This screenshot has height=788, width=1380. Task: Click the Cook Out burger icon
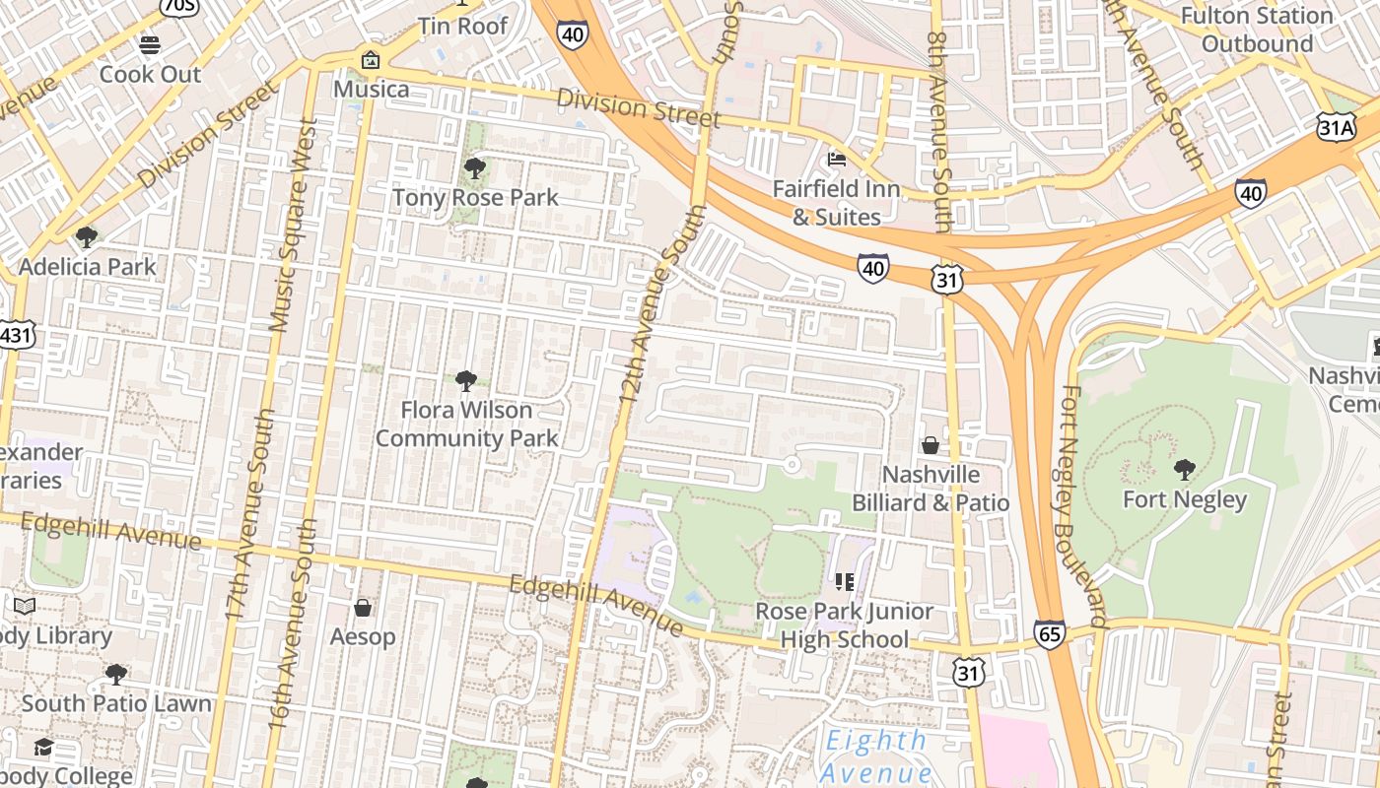150,45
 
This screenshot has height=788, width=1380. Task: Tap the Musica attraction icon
371,60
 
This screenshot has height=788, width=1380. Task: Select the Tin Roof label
462,26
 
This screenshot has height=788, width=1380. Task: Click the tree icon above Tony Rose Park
474,168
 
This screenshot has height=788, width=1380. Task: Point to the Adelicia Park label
87,266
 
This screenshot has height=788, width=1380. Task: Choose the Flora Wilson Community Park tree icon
465,380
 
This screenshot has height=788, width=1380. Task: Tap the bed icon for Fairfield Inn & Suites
837,159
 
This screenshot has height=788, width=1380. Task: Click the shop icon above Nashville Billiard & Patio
930,445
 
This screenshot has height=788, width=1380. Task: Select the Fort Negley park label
1185,499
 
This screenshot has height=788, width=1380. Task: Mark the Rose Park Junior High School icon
844,582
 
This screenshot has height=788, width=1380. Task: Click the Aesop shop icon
363,608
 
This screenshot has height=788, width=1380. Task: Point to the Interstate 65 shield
1050,633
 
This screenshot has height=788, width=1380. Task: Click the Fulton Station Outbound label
1257,30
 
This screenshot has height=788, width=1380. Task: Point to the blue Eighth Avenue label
876,755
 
